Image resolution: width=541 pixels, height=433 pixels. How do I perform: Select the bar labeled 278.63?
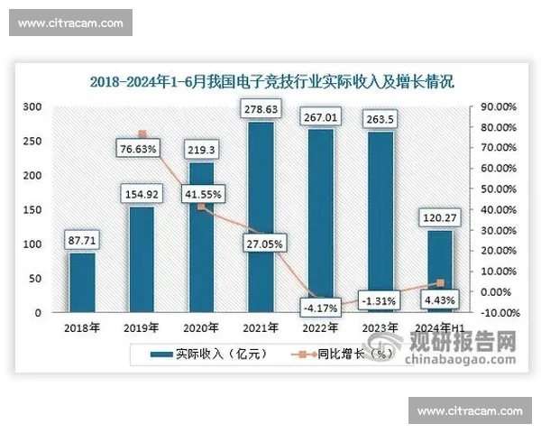coord(260,216)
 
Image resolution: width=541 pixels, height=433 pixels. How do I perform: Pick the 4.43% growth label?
coord(439,299)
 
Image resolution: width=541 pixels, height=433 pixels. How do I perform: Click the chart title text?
coord(270,80)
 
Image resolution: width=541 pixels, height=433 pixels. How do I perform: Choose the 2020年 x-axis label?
coord(201,328)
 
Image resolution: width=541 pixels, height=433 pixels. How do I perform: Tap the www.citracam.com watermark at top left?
coord(71,23)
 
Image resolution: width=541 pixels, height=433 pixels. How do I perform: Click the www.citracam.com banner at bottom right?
coord(471,410)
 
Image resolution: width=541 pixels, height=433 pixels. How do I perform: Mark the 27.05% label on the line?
coord(261,243)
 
